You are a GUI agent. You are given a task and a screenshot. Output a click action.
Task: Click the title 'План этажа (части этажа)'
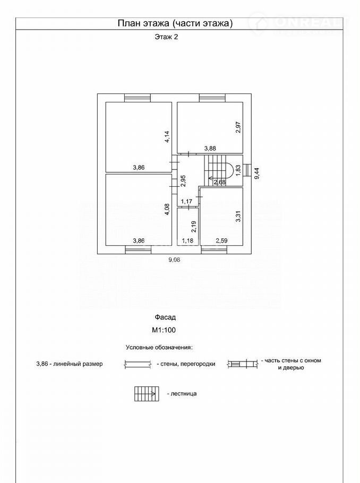[x=175, y=23]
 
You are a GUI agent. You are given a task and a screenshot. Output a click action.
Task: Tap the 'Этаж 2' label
[x=166, y=37]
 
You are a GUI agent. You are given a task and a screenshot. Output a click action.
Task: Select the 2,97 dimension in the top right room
[x=238, y=128]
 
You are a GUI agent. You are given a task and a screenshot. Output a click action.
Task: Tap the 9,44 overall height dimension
[x=257, y=174]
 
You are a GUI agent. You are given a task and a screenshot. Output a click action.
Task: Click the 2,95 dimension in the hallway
[x=183, y=180]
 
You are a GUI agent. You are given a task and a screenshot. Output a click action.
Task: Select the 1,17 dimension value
[x=186, y=201]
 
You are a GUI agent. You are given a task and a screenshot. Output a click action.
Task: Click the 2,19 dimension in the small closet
[x=194, y=227]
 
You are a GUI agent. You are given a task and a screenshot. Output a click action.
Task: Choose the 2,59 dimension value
[x=222, y=240]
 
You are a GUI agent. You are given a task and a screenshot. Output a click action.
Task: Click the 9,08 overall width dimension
[x=175, y=260]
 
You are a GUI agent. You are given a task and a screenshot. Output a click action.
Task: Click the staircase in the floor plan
[x=218, y=171]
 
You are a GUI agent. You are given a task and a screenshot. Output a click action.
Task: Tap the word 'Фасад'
[x=165, y=317]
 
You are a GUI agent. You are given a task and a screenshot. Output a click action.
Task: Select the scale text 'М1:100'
[x=164, y=330]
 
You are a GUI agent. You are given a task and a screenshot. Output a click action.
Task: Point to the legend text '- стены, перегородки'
[x=186, y=364]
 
